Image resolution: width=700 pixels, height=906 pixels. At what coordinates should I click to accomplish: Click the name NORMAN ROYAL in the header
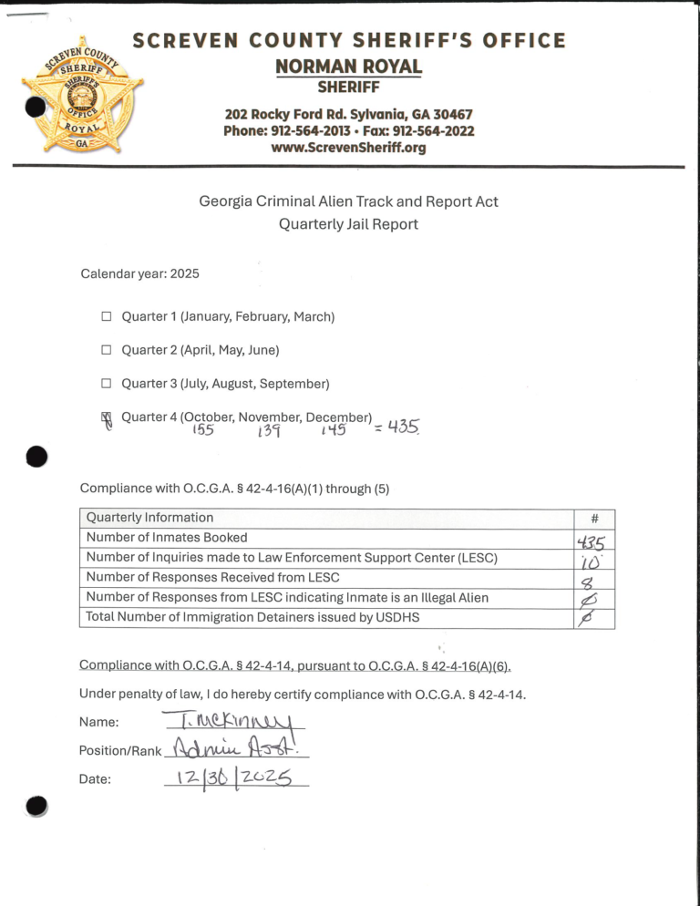point(349,67)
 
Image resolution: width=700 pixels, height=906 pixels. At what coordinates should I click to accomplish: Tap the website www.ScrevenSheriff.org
point(349,148)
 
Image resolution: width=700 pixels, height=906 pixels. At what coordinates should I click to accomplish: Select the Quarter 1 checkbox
point(106,317)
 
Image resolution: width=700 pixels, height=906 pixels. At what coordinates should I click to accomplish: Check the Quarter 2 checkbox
point(106,350)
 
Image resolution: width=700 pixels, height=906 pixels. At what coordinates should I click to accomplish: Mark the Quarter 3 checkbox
point(106,384)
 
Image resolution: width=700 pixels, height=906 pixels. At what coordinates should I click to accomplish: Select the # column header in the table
point(594,518)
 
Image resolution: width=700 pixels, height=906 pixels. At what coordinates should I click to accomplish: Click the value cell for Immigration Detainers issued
point(594,618)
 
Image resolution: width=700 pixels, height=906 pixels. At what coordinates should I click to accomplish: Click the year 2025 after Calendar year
point(181,273)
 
